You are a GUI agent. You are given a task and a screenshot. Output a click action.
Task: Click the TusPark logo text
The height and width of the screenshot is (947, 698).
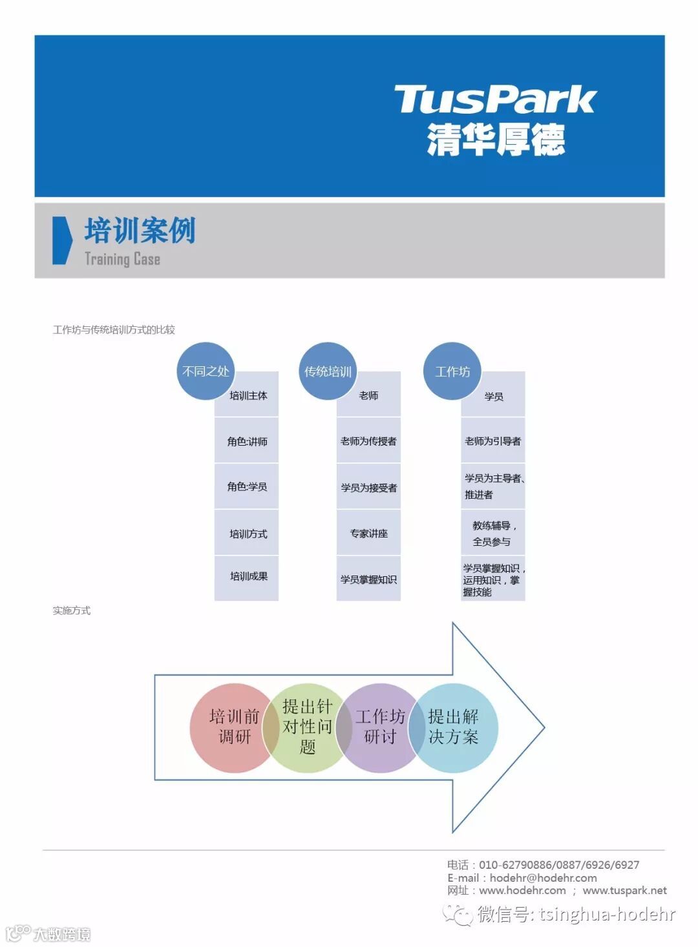tap(494, 99)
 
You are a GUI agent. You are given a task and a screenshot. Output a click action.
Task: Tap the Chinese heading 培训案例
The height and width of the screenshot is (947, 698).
tap(140, 231)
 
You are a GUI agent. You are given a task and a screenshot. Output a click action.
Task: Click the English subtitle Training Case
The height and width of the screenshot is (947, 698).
tap(122, 259)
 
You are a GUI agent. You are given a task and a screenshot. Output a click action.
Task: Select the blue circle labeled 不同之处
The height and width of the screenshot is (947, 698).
tap(205, 371)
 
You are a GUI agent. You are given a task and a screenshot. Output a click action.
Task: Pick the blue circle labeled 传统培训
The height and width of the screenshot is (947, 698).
tap(328, 371)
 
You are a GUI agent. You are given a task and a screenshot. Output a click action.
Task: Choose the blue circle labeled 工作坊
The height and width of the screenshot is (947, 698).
tap(452, 371)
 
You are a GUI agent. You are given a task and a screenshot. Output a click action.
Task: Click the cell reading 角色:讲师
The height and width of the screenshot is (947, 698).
tap(247, 441)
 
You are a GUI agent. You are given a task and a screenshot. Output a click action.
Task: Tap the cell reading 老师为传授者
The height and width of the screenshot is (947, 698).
tap(368, 441)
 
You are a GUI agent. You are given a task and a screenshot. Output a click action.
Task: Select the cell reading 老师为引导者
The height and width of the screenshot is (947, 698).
tap(492, 441)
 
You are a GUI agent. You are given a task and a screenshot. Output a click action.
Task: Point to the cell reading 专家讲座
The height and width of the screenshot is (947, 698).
tap(368, 534)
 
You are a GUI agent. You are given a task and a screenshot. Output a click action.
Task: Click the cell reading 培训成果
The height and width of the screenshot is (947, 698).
tap(248, 576)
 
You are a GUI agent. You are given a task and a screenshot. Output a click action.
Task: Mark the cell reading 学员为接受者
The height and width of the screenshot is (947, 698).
tap(368, 488)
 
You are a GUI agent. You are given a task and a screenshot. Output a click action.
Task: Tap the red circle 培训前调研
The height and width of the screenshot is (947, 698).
tap(233, 727)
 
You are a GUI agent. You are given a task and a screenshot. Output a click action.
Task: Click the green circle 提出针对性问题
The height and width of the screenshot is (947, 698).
tap(307, 727)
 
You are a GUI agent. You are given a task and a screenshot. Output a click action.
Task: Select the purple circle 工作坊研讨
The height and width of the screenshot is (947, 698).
tap(380, 727)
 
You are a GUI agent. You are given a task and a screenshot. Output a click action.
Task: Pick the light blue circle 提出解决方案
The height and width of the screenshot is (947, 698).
tap(453, 727)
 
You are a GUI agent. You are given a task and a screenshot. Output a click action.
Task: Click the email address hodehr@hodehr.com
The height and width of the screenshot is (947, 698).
tap(543, 878)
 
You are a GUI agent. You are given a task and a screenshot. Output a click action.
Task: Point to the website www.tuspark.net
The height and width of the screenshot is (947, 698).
tap(624, 891)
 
